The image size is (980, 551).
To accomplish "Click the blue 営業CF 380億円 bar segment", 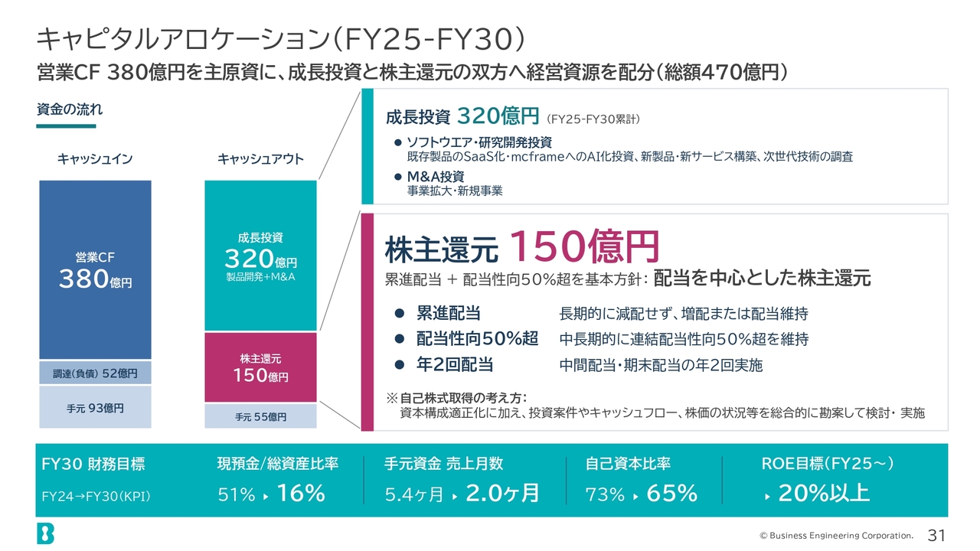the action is coord(95,269).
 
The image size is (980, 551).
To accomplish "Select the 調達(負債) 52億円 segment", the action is coord(95,373).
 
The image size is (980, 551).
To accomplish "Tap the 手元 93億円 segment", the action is coord(95,407).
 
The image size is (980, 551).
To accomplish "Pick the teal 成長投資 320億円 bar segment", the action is coord(260,256).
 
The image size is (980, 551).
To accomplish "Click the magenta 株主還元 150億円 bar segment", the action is coord(260,367).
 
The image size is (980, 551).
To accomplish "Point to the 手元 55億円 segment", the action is coord(260,416).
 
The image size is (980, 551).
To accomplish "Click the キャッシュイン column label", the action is coord(94,158).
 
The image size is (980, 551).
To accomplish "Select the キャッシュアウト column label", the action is coord(260,158).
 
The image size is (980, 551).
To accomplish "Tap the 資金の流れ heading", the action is coord(70,109).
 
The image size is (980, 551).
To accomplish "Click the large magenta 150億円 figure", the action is coord(584,246).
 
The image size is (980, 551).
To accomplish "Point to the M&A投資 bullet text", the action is coord(436,176).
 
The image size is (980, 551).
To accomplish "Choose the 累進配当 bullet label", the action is coord(449,313).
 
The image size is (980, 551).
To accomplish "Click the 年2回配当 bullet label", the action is coord(455,364).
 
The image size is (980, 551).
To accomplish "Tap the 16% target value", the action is coord(301,493).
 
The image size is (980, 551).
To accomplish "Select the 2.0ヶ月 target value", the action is coord(502,493).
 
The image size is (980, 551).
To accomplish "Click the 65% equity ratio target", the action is coord(672,494).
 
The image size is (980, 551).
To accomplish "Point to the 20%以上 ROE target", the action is coord(824,493).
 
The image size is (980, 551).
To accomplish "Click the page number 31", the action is coord(936,535).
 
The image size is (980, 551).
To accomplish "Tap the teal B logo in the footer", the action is coord(45,533).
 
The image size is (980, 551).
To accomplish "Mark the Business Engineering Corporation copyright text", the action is coord(836,535).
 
